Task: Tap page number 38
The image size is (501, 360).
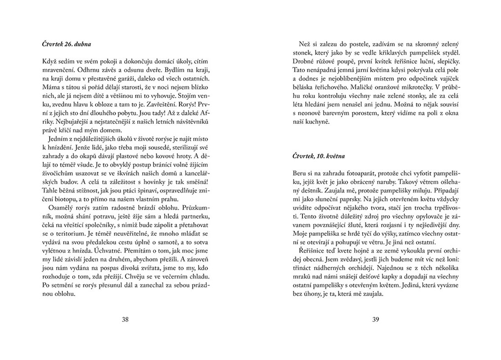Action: point(126,320)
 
